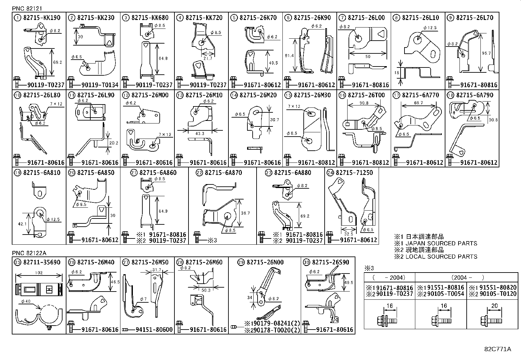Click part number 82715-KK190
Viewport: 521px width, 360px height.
coord(42,18)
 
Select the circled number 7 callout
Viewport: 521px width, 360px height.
coord(342,18)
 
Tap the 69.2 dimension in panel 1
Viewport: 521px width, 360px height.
coord(58,62)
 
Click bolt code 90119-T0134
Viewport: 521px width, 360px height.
coord(100,85)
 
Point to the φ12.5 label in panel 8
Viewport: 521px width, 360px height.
coord(430,28)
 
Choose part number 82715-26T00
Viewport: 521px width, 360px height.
coord(366,95)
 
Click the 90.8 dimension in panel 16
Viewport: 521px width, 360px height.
coord(364,103)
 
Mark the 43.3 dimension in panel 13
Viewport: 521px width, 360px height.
coord(200,133)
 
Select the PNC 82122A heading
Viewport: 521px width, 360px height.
coord(29,253)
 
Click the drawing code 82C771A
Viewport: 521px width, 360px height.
coord(498,349)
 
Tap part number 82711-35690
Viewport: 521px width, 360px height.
coord(42,262)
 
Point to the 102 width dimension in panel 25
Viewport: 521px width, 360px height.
coord(39,273)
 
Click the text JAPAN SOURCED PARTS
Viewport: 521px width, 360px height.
coord(441,243)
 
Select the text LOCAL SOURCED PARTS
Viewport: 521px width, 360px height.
coord(441,256)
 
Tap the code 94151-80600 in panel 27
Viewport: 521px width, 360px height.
coord(154,330)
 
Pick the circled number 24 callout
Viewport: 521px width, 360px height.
coord(330,173)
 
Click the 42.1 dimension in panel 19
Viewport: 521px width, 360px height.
coord(22,224)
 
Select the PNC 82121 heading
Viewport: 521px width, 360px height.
coord(27,9)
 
